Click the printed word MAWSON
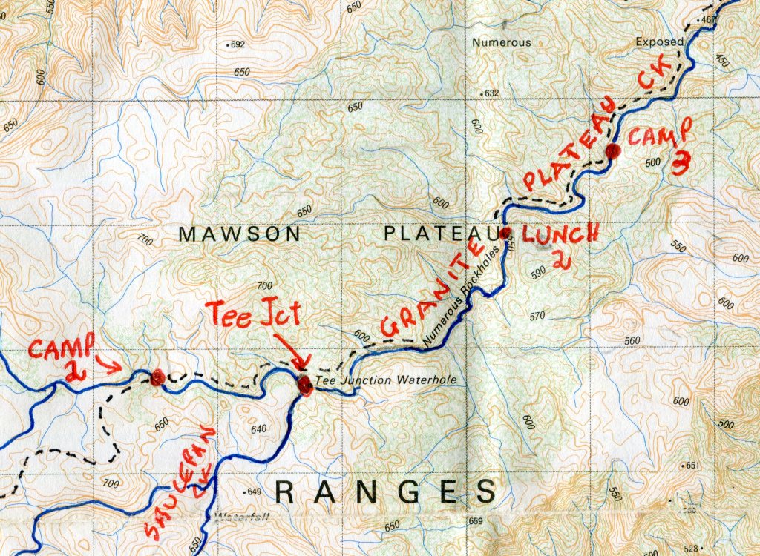[x=240, y=234]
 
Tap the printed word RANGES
[x=385, y=492]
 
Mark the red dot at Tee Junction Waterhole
[x=304, y=384]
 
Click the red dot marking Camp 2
[x=157, y=379]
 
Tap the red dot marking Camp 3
[x=612, y=152]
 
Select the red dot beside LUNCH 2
[x=505, y=233]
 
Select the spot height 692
[x=237, y=45]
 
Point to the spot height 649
[x=253, y=492]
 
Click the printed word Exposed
[x=658, y=42]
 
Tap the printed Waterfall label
[x=240, y=517]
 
